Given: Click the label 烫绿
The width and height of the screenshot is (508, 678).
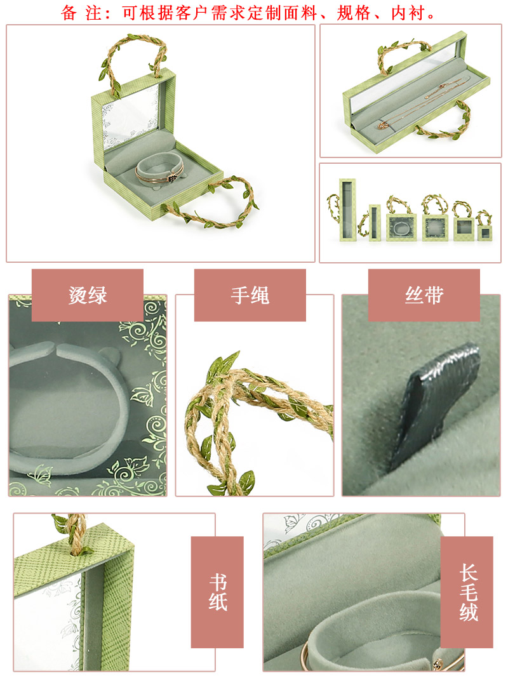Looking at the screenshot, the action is (88, 295).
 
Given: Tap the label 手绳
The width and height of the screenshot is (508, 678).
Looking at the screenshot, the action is (250, 295).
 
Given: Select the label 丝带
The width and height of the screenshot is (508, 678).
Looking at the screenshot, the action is (424, 295).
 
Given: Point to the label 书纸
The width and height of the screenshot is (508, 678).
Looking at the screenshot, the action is (217, 592).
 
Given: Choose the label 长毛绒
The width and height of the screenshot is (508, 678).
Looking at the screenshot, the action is (468, 592).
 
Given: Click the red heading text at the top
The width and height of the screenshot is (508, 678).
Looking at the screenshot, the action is (248, 13).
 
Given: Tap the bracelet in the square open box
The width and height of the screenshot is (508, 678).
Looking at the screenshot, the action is (159, 171).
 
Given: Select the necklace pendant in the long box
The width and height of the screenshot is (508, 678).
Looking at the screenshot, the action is (383, 126).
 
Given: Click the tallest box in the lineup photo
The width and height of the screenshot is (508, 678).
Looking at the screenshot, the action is (347, 209).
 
